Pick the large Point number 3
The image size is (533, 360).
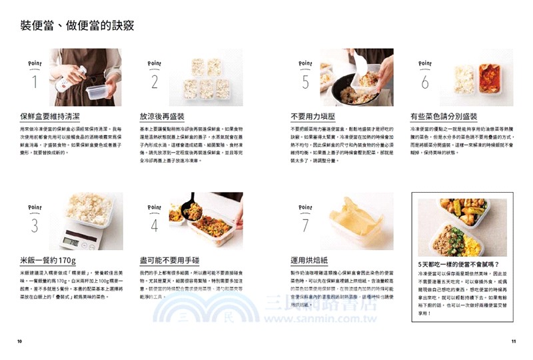(x=34, y=225)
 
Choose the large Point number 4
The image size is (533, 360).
(x=155, y=225)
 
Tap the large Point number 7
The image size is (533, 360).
(x=306, y=225)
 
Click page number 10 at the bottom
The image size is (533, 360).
(x=20, y=342)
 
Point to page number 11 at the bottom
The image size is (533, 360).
(x=513, y=342)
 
